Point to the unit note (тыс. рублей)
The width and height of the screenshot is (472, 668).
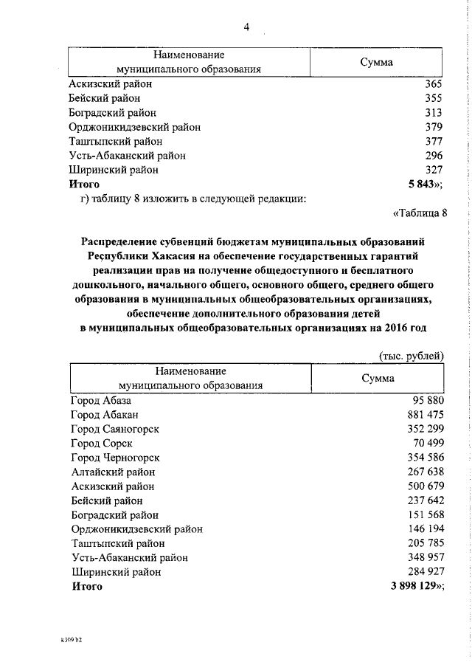411,355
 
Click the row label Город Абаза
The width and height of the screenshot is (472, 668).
101,400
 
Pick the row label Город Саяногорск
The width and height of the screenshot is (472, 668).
115,429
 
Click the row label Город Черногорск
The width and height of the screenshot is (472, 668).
116,458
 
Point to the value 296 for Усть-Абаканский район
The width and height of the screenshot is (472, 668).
433,155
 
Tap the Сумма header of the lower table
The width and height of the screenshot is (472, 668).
377,378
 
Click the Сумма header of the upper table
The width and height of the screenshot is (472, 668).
376,62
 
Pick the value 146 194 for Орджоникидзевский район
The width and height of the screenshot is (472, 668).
421,529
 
